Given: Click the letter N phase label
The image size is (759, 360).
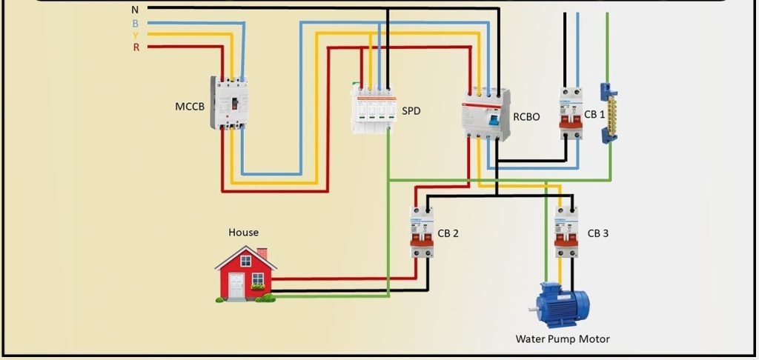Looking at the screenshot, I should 134,10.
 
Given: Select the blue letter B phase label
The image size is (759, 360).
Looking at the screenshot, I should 135,23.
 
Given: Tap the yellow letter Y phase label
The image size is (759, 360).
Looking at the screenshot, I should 135,35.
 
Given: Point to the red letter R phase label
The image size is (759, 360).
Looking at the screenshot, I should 136,47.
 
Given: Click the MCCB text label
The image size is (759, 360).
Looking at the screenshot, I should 190,107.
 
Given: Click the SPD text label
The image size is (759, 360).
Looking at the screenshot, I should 411,110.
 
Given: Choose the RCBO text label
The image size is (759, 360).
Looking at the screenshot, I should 526,116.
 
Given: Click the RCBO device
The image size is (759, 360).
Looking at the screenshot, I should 485,115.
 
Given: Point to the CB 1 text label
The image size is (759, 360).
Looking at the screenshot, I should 594,113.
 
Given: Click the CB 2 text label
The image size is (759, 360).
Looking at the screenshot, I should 448,233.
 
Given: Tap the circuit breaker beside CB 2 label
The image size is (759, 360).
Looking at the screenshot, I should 422,232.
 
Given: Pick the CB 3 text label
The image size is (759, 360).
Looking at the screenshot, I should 598,233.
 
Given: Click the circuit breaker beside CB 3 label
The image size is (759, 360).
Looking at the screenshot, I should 566,232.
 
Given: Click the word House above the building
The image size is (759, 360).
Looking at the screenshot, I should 243,233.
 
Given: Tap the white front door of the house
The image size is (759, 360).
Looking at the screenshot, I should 236,285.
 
